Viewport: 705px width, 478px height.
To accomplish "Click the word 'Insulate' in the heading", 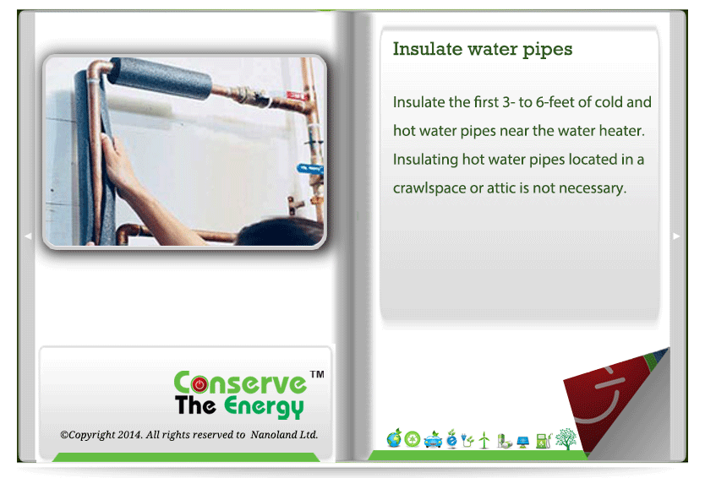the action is [x=428, y=49].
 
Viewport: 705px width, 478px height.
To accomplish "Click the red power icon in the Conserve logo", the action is [x=199, y=384].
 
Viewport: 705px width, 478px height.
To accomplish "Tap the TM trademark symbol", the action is [x=317, y=374].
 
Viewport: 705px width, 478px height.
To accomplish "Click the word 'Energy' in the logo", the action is [x=264, y=407].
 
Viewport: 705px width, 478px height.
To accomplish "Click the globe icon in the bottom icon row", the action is [x=394, y=438].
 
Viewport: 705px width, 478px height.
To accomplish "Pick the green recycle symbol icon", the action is [x=413, y=439].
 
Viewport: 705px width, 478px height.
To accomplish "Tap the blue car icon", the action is [x=433, y=440].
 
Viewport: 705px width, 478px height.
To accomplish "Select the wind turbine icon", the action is [x=484, y=440].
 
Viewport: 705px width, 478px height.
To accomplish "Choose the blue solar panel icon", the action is [x=522, y=442].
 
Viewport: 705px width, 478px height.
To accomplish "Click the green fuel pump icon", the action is [x=544, y=441].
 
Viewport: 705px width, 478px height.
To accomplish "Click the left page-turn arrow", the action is [x=28, y=236].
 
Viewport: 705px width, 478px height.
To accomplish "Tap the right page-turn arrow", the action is [x=676, y=236].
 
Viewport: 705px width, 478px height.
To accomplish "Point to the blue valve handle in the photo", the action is [x=309, y=169].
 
